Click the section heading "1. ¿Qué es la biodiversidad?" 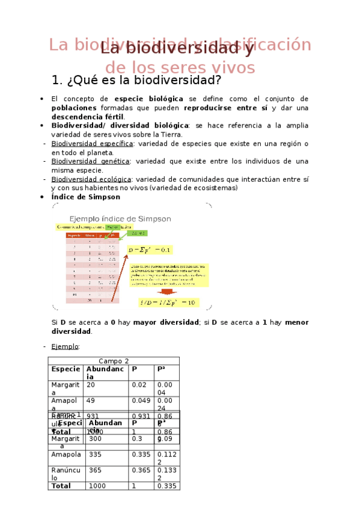137,80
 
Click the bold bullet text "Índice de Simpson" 85,197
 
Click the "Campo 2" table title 114,361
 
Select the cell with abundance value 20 91,384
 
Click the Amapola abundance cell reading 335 96,455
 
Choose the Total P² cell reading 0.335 166,485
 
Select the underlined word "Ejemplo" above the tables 65,346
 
